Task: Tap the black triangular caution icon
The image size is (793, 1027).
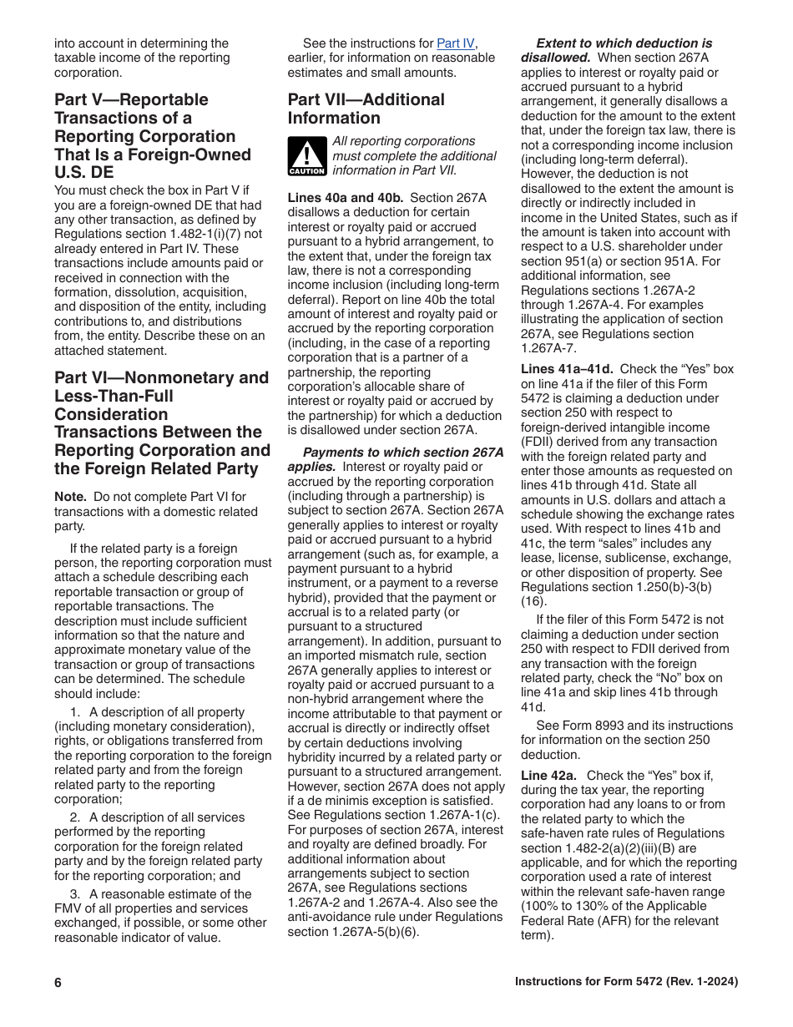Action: click(306, 156)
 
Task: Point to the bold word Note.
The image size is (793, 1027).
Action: click(70, 497)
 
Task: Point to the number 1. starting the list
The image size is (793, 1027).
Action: click(75, 712)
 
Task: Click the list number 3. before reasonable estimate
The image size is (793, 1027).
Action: click(75, 893)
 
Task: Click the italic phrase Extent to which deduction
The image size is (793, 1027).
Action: click(624, 43)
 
